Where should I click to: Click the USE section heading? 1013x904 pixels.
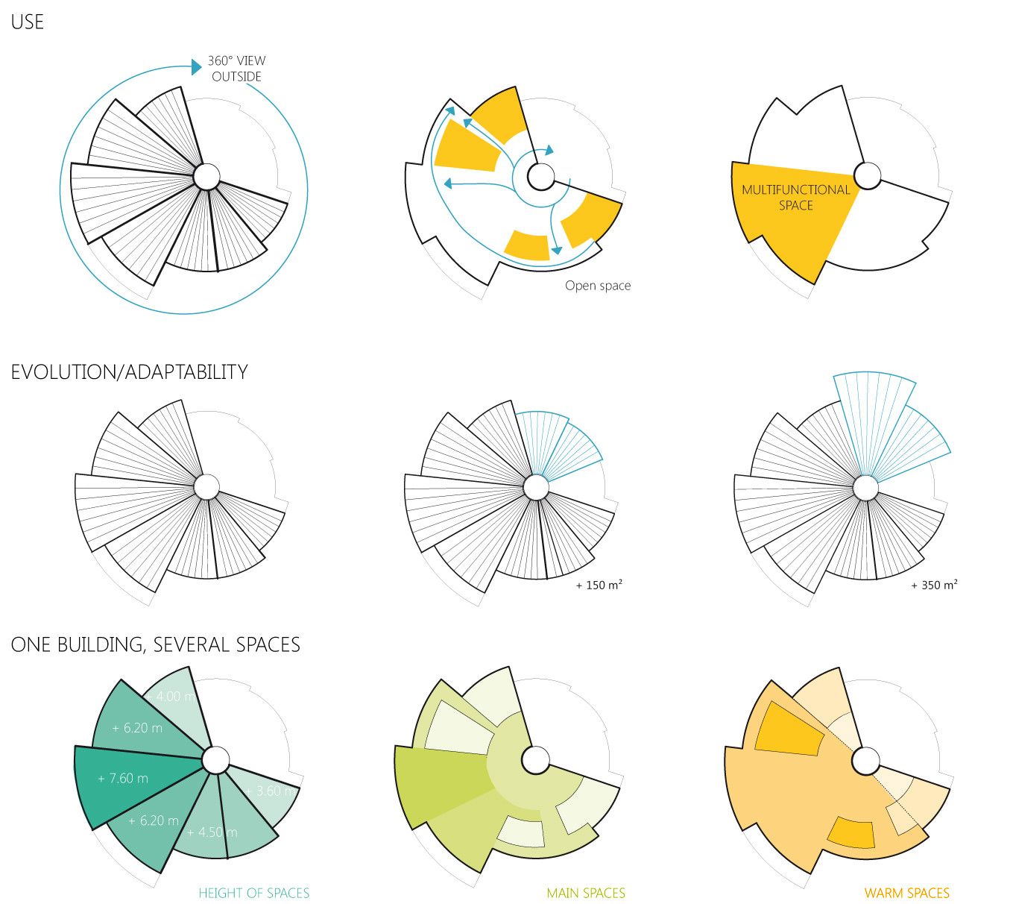(28, 22)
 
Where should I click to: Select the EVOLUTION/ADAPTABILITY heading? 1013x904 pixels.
(129, 371)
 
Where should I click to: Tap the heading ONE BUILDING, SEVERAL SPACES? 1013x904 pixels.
(155, 644)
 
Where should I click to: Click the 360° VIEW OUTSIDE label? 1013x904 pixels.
(236, 69)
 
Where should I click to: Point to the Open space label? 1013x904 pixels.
(597, 286)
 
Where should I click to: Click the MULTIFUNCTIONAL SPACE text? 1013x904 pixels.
(795, 198)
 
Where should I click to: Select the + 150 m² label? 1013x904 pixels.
(599, 586)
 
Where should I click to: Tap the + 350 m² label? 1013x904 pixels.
(933, 586)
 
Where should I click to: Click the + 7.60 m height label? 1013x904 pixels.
(123, 779)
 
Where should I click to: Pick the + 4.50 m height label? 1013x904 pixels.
(212, 832)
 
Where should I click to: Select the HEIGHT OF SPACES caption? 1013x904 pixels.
(253, 893)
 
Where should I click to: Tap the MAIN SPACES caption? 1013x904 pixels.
(586, 893)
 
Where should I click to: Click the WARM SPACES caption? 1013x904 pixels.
(906, 893)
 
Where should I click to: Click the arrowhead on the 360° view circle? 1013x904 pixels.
(196, 66)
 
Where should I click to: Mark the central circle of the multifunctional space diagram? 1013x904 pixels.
(867, 176)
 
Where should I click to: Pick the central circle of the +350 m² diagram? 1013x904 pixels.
(865, 489)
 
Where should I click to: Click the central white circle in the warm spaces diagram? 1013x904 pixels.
(866, 762)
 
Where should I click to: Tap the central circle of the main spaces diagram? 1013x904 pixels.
(535, 761)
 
